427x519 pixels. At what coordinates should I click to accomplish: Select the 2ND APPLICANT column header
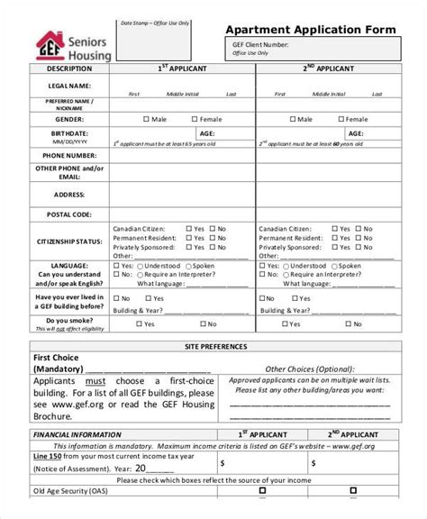tap(328, 68)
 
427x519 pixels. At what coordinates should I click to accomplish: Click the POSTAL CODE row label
tap(68, 214)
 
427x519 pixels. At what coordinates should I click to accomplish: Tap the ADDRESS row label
tap(68, 195)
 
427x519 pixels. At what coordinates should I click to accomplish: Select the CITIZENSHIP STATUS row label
tap(68, 242)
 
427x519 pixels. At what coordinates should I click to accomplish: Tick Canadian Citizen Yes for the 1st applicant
tap(189, 229)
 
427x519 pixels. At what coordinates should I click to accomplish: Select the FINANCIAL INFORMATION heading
tap(77, 434)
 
